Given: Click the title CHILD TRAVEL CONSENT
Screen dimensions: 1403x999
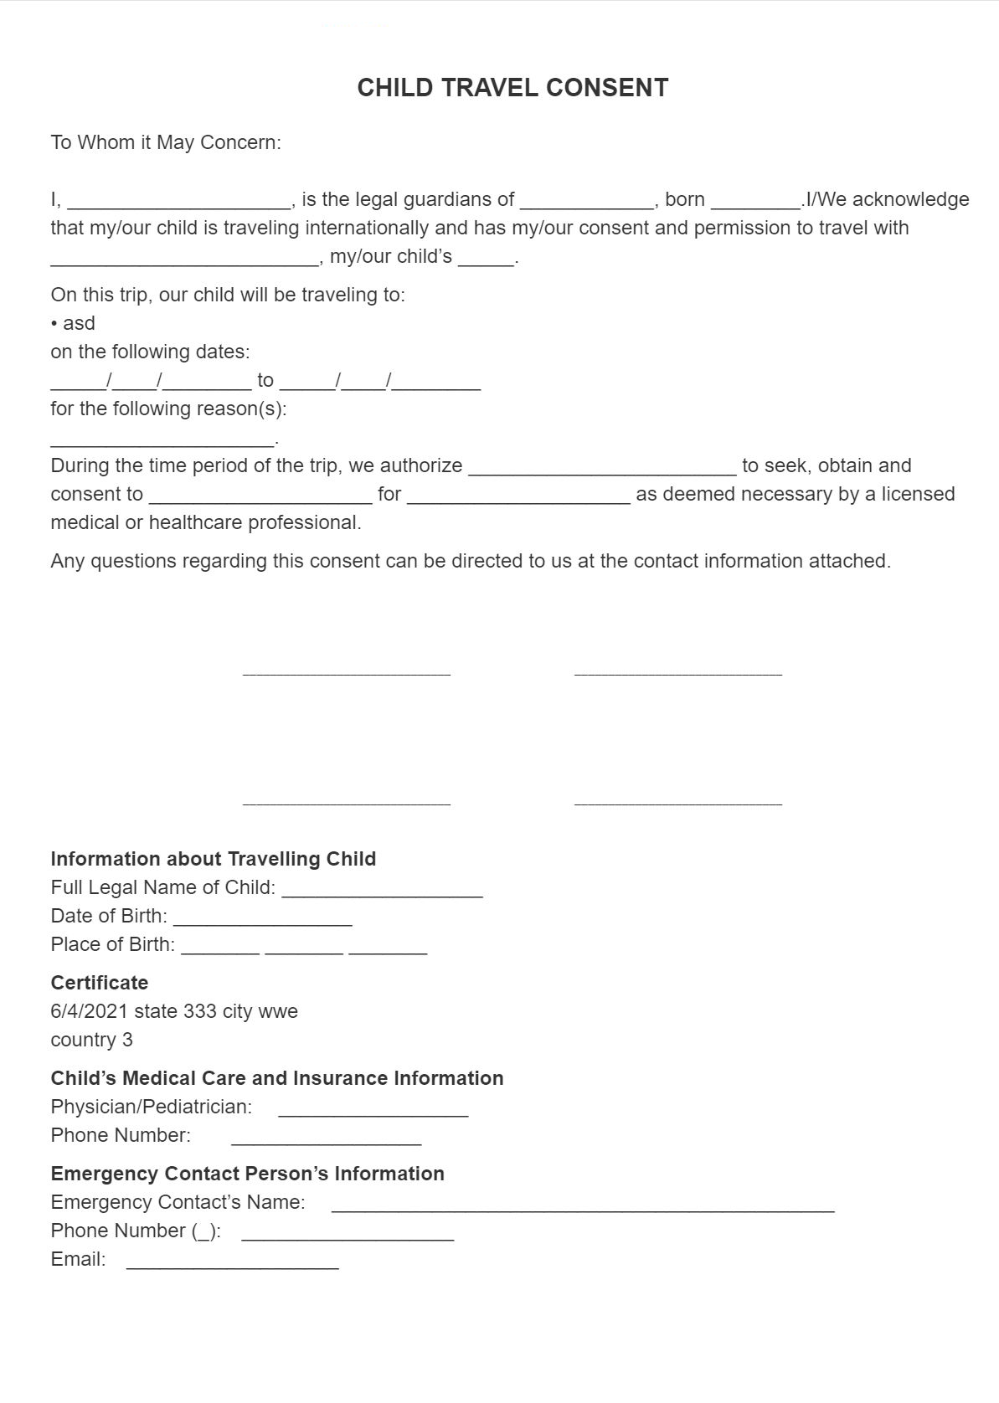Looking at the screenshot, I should pos(512,88).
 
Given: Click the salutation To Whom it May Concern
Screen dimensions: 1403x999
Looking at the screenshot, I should pos(166,142).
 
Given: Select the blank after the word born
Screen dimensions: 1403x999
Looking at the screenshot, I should pos(754,201).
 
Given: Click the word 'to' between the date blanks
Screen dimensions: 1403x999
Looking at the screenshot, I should pos(265,381).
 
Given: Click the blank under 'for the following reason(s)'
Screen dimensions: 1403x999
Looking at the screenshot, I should pos(162,439).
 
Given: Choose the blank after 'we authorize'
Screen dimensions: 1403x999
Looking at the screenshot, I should pos(602,468).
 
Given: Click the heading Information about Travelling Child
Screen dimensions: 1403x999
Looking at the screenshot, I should pos(213,859).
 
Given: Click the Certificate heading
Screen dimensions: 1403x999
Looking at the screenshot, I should pos(99,983).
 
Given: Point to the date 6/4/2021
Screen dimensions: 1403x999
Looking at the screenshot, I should pos(89,1011).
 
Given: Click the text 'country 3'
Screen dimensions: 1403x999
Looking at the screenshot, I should pos(91,1040).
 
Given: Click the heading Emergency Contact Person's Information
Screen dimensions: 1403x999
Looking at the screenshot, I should pos(247,1174).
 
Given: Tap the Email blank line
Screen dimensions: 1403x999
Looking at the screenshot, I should pos(233,1262).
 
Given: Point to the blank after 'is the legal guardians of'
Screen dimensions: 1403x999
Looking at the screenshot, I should pos(586,201).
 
